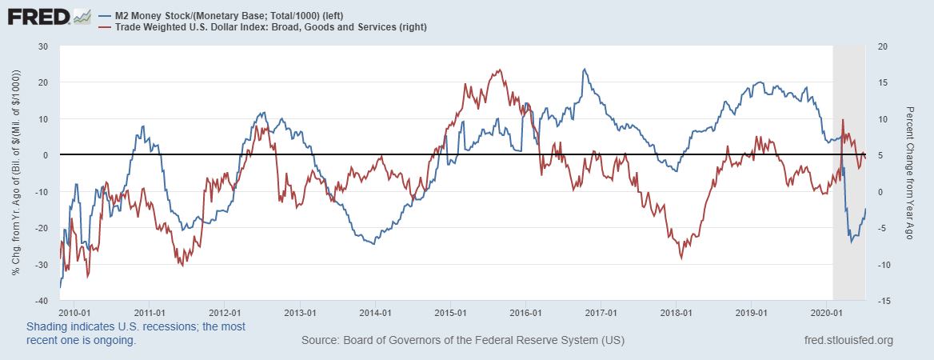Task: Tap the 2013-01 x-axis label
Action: click(300, 313)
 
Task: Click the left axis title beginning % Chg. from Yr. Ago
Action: click(16, 173)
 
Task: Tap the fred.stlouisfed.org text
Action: click(848, 341)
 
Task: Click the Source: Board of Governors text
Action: click(463, 341)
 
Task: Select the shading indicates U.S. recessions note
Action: click(136, 334)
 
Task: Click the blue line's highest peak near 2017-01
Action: click(584, 70)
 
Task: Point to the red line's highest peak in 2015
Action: click(500, 70)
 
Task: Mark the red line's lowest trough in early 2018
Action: click(681, 258)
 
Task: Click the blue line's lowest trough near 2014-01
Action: click(374, 243)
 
